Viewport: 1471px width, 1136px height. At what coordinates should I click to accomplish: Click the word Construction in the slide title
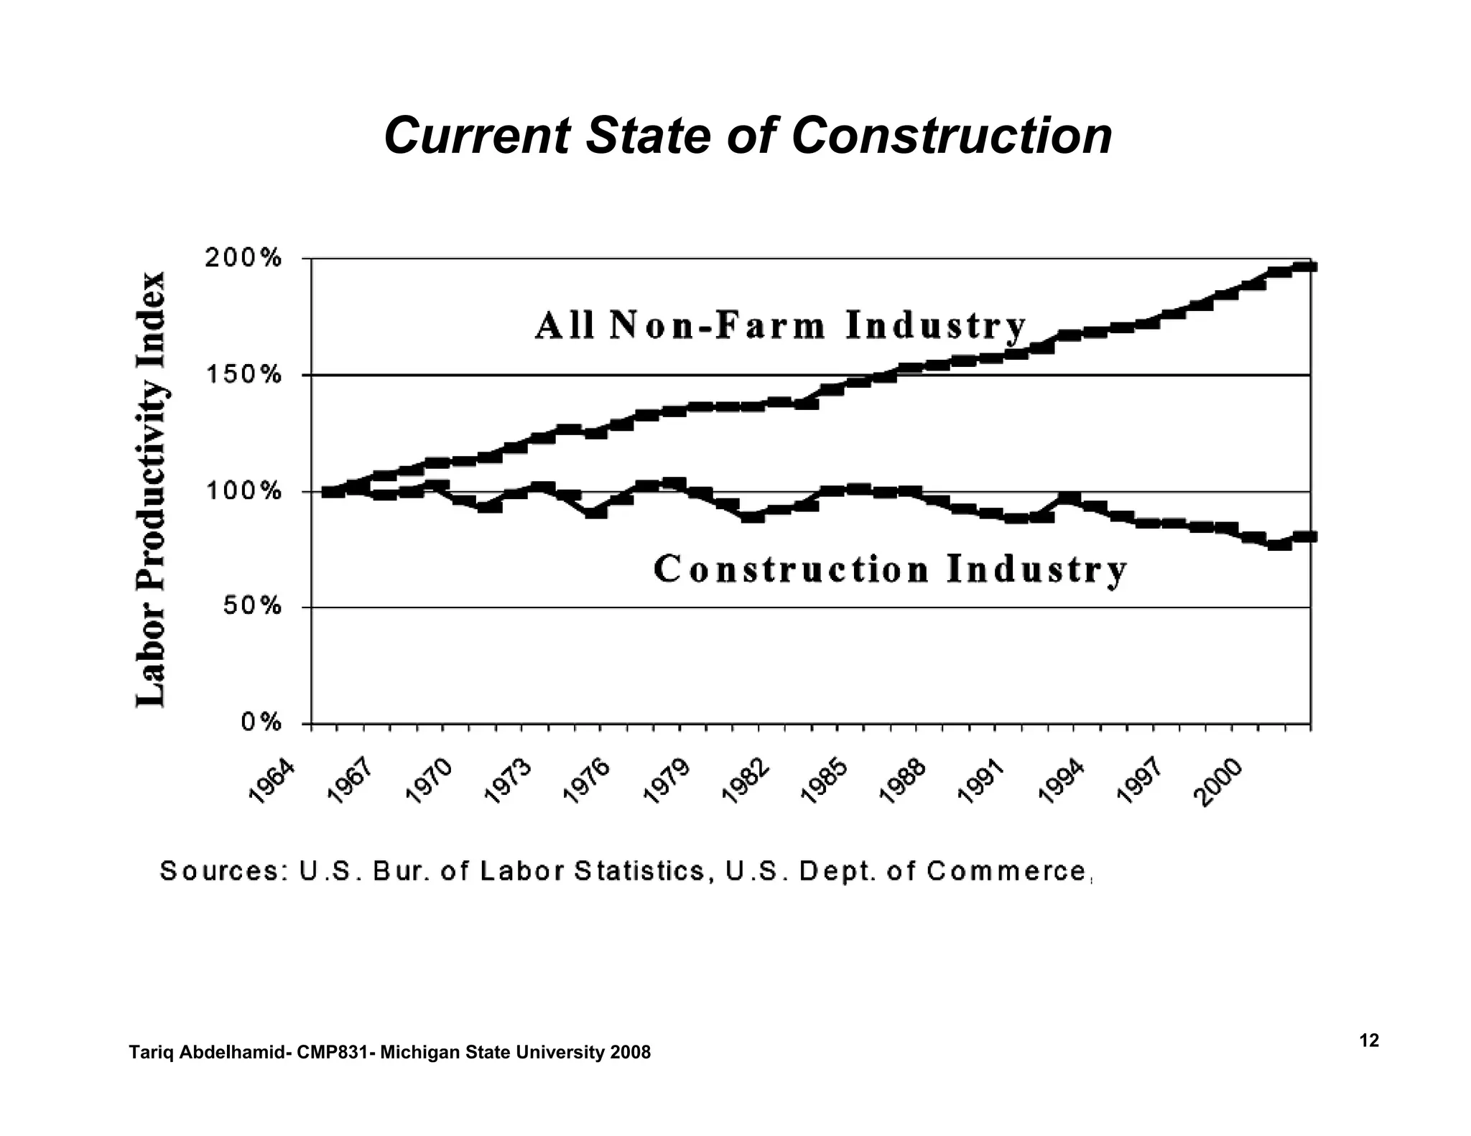(x=951, y=136)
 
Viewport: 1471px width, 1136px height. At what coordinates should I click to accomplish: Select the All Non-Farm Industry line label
(x=781, y=326)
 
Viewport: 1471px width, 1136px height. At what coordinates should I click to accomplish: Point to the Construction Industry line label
(x=891, y=569)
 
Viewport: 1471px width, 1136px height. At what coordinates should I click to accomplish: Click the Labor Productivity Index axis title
(x=152, y=489)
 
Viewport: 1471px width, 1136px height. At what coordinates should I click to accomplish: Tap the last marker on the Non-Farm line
(x=1305, y=267)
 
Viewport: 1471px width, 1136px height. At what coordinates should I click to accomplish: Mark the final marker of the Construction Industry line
(x=1305, y=536)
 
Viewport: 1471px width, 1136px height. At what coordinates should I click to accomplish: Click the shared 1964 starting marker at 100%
(x=333, y=492)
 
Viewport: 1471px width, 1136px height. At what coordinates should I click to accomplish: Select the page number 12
(x=1369, y=1040)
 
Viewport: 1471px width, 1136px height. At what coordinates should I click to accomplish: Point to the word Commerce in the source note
(x=1006, y=871)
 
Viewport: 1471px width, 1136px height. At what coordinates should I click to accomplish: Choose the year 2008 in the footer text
(x=630, y=1053)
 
